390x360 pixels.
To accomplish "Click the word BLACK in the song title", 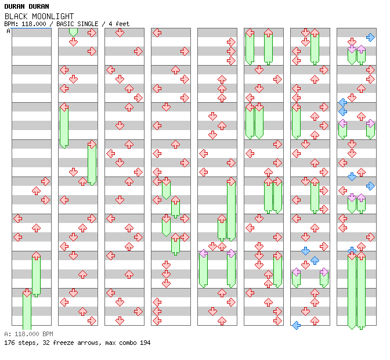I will coord(15,16).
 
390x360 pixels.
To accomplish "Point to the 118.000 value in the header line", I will coord(32,24).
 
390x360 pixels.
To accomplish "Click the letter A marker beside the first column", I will coord(8,31).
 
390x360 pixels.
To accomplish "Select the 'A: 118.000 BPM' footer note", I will coord(28,334).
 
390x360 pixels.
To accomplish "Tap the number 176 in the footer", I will coord(9,343).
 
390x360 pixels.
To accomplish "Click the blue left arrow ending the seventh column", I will coord(296,325).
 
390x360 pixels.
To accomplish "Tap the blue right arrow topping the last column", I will coord(370,37).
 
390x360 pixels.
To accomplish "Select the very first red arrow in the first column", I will coord(45,181).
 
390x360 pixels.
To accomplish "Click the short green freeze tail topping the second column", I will coord(73,31).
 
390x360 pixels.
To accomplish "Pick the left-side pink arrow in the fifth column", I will coord(203,253).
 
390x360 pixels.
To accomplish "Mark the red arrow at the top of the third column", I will coord(120,33).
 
